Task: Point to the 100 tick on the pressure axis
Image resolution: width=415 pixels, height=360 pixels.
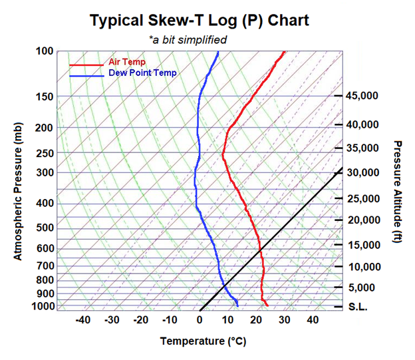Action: (45, 51)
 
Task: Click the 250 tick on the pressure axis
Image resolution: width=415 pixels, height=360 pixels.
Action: (45, 154)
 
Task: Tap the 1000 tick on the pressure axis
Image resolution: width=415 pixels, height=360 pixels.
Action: (43, 307)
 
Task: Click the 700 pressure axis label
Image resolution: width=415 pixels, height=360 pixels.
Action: (45, 266)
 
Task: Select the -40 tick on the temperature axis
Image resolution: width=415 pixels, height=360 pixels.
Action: (83, 320)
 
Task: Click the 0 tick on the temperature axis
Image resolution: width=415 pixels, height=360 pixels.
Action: (200, 320)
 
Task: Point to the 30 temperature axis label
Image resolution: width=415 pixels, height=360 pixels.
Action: (285, 320)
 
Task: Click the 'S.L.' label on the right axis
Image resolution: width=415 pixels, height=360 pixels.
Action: (358, 307)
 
